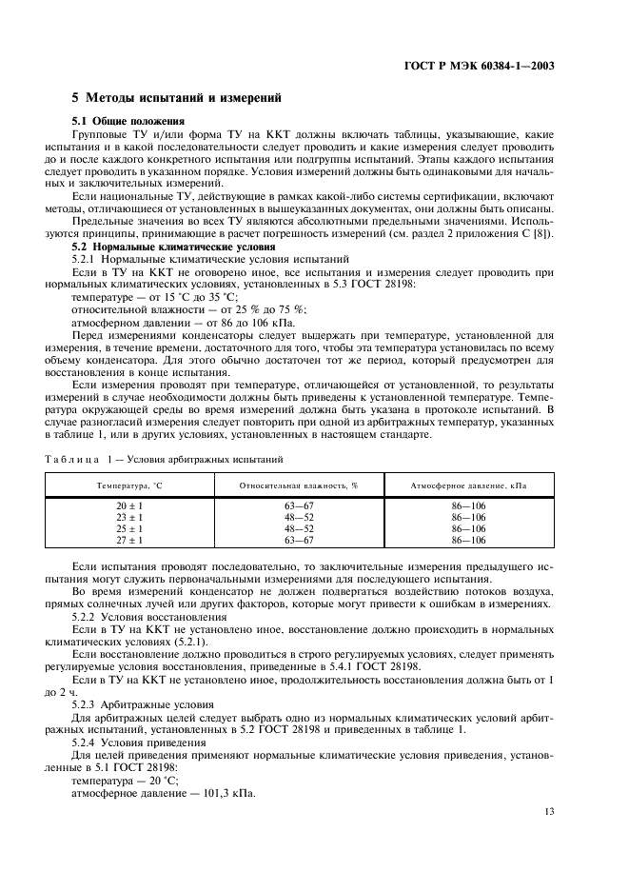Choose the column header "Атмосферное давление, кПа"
click(x=468, y=485)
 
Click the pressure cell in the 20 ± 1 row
click(x=468, y=507)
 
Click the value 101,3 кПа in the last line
click(x=234, y=795)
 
